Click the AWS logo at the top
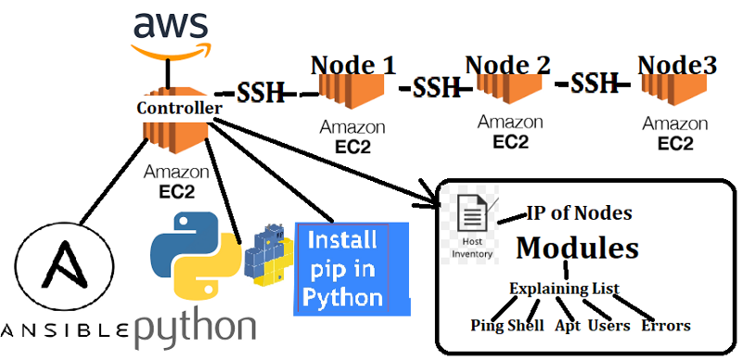point(168,33)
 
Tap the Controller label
point(179,109)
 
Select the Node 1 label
point(352,65)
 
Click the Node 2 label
point(507,65)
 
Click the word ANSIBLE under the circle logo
point(67,330)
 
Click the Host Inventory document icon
point(472,218)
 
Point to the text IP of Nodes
point(580,213)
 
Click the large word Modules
point(577,248)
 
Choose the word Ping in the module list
point(487,326)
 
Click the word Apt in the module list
point(567,326)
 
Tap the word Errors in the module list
point(666,326)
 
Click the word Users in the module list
point(608,326)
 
